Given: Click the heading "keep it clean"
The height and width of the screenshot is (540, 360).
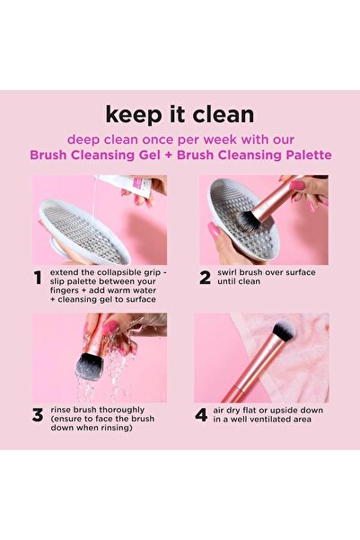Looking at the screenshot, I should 180,114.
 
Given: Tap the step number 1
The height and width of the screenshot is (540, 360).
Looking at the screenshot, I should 38,278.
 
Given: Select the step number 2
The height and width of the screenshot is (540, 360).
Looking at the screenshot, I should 205,278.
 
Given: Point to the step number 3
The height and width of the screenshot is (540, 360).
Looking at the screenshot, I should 38,415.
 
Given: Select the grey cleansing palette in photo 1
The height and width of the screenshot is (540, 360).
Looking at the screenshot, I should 84,230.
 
